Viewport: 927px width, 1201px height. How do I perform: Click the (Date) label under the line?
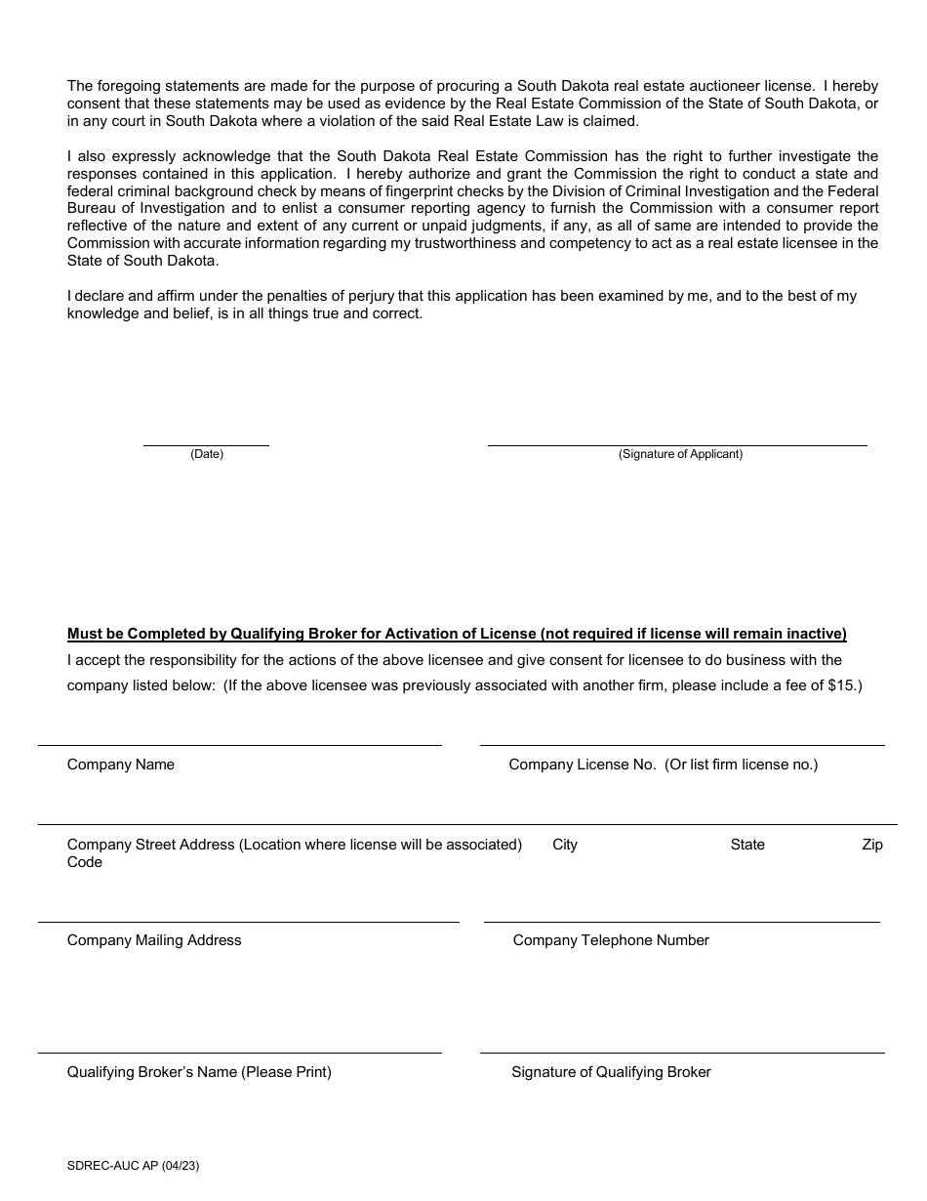[206, 454]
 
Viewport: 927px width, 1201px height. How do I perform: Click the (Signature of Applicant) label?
[680, 454]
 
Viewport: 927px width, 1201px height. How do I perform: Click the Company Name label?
[121, 765]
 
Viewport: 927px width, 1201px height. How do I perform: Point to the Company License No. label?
[664, 765]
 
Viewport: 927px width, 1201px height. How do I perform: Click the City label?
[565, 845]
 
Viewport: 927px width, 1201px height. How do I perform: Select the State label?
[747, 845]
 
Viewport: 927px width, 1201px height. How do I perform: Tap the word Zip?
[872, 845]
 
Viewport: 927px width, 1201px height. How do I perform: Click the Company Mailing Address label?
[154, 940]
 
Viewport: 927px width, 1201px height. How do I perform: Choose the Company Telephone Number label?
[611, 940]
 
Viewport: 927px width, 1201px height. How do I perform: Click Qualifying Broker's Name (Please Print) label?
[199, 1072]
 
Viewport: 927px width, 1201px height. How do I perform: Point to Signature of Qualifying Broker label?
[611, 1072]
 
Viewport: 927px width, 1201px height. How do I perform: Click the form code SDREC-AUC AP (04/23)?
[134, 1165]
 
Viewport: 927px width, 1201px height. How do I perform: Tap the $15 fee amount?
[842, 685]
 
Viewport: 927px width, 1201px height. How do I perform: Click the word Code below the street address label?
[85, 862]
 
